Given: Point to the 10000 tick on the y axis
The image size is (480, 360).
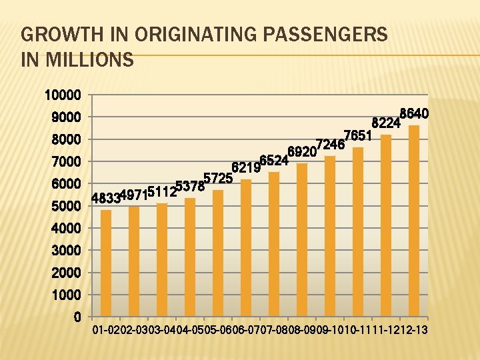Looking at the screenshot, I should click(63, 95).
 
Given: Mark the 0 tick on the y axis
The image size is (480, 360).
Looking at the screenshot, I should click(77, 317).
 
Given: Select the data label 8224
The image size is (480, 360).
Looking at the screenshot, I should click(385, 123).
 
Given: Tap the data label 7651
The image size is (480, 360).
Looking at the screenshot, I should click(357, 135).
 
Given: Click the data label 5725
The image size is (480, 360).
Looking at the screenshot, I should click(217, 178).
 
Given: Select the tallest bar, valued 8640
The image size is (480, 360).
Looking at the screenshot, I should click(414, 221).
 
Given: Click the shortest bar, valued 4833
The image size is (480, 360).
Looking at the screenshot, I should click(106, 263).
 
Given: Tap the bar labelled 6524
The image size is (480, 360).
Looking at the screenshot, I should click(274, 244).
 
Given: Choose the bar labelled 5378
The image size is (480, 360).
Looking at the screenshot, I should click(190, 257).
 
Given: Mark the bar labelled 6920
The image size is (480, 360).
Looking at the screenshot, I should click(302, 239).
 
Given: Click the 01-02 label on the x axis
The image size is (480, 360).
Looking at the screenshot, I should click(106, 331).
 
